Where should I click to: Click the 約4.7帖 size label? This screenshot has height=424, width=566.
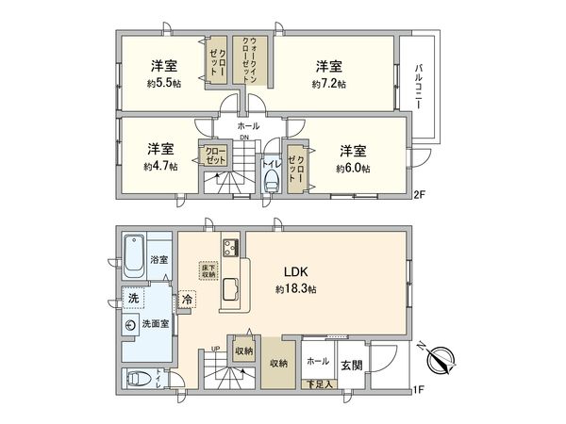[159, 168]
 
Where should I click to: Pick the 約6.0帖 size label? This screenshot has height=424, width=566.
[353, 169]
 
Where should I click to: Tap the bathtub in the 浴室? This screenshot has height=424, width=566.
[134, 252]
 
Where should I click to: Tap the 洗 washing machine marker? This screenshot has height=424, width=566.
[135, 299]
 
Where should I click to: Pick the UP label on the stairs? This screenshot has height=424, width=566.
[216, 349]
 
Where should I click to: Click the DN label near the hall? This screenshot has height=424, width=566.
[243, 139]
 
